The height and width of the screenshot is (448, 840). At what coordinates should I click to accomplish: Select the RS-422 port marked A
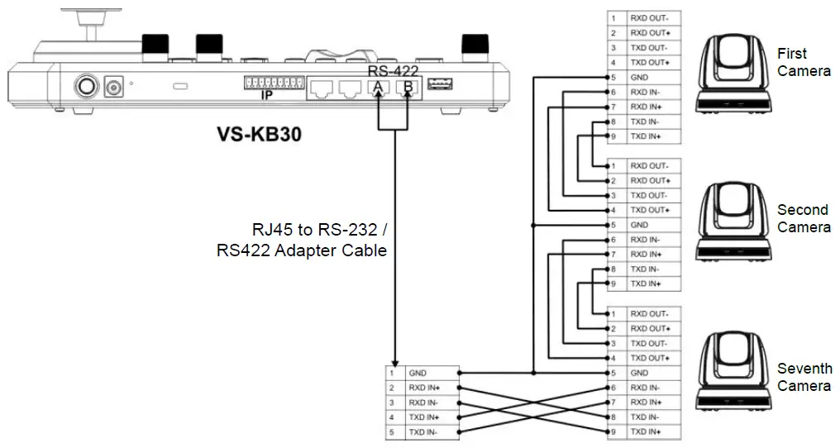(x=379, y=87)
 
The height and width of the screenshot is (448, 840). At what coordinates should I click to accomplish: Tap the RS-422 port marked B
(x=406, y=87)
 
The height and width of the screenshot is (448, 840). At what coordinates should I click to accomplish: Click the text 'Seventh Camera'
(x=804, y=377)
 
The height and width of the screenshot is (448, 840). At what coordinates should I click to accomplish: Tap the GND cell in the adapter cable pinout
(x=430, y=373)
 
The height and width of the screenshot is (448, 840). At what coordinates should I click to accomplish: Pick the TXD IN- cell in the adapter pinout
(x=430, y=432)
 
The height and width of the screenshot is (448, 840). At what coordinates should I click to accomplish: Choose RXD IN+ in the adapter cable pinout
(x=430, y=388)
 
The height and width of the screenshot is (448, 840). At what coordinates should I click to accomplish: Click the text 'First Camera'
(x=804, y=62)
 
